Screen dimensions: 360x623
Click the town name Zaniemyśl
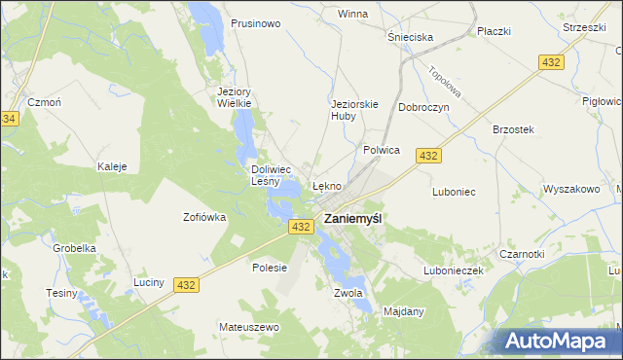tap(352, 219)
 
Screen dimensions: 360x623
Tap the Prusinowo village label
tap(256, 22)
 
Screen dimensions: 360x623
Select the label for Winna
tap(351, 15)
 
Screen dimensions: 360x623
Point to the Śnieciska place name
tap(410, 37)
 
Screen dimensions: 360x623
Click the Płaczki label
tap(494, 31)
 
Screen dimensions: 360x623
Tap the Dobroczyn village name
tap(423, 108)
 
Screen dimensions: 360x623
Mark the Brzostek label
tap(513, 129)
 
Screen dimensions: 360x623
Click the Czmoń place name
tap(45, 103)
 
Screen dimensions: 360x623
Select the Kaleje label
tap(112, 166)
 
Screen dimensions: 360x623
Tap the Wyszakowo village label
tap(570, 189)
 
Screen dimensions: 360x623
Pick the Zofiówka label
tap(204, 217)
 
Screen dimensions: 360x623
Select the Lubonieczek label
tap(453, 270)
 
